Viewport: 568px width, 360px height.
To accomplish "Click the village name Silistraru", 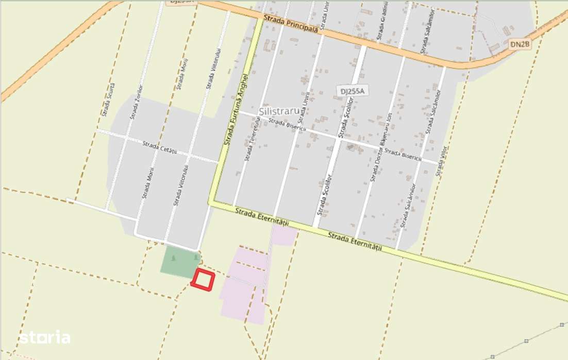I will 280,111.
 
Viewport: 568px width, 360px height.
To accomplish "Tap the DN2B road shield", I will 520,45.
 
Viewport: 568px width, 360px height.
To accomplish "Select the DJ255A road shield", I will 352,91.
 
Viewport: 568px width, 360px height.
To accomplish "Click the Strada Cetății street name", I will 160,148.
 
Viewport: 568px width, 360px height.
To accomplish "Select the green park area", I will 178,262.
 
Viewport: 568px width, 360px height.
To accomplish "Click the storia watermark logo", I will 45,338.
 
